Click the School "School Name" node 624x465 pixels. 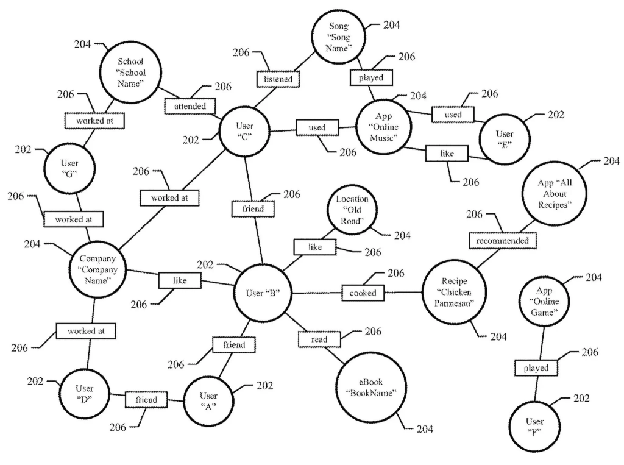pyautogui.click(x=131, y=74)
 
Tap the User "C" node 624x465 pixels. pyautogui.click(x=244, y=130)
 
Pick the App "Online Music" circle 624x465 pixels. pyautogui.click(x=384, y=127)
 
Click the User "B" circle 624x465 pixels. pyautogui.click(x=263, y=293)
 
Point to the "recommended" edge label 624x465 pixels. pyautogui.click(x=503, y=241)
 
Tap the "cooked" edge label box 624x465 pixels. pyautogui.click(x=363, y=293)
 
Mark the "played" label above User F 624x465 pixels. pyautogui.click(x=536, y=368)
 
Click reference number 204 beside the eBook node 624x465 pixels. pyautogui.click(x=425, y=429)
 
